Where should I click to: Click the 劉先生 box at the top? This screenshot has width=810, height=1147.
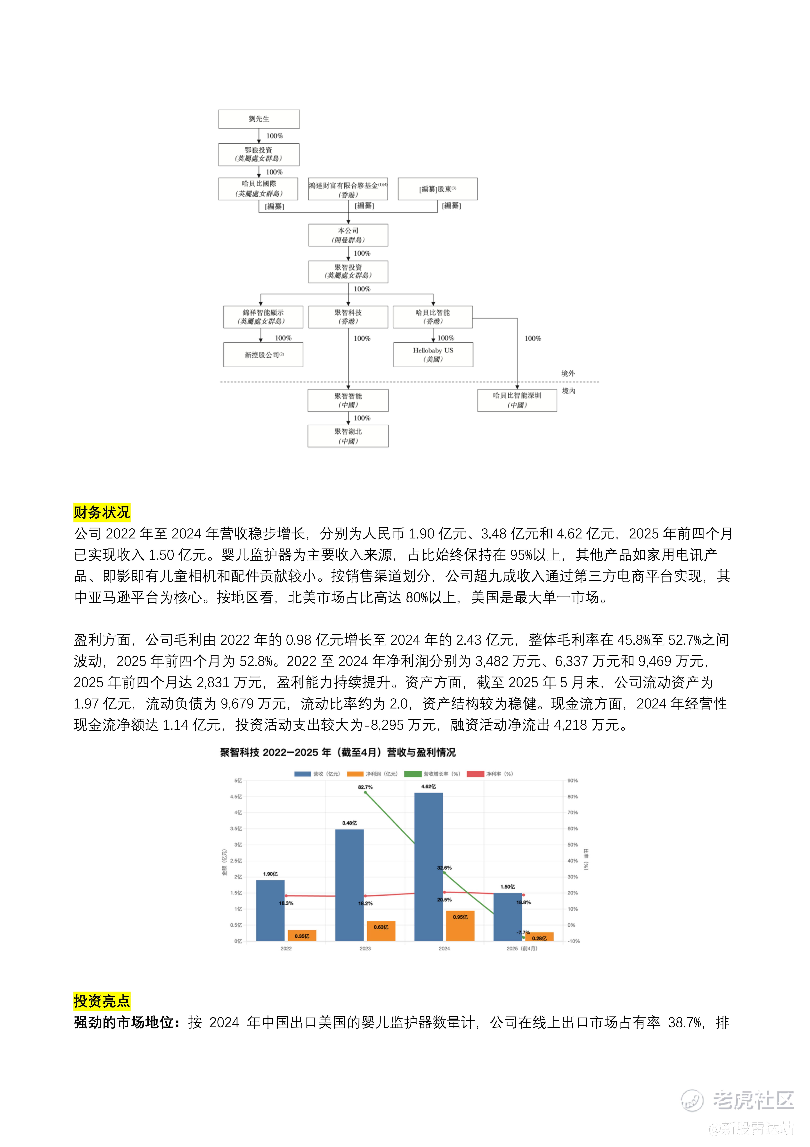[259, 119]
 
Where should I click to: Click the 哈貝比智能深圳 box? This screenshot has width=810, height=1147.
[517, 400]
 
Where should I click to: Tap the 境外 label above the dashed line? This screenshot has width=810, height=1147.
[568, 373]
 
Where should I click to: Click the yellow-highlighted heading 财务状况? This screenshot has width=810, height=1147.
[102, 512]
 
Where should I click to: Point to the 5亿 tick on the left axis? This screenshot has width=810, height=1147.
[238, 780]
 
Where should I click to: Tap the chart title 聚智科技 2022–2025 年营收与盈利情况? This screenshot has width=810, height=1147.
[338, 752]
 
